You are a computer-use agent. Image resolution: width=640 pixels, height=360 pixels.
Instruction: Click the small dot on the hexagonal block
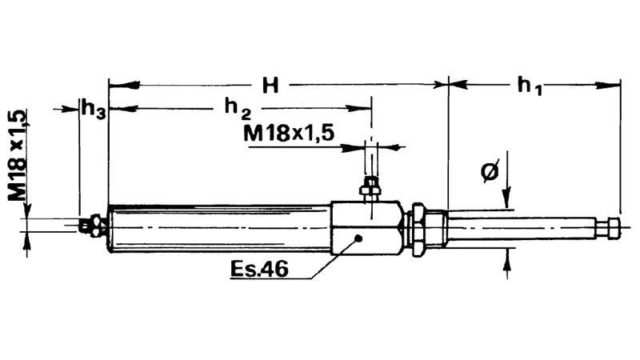pos(361,238)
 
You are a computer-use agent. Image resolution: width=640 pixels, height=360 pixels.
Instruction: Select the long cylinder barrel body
pos(219,228)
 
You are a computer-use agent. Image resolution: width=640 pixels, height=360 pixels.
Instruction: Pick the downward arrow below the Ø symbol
pos(506,200)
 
